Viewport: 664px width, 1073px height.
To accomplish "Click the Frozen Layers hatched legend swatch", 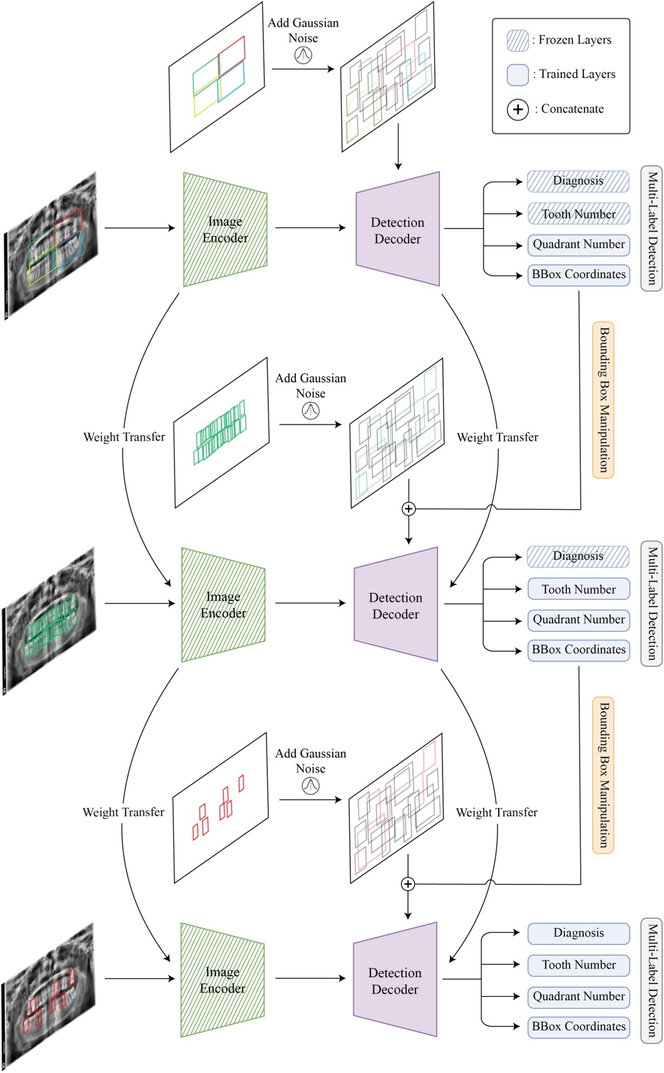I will click(x=518, y=40).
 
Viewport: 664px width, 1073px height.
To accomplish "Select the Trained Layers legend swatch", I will click(x=518, y=74).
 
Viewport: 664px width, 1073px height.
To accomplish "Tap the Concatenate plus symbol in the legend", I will click(x=518, y=110).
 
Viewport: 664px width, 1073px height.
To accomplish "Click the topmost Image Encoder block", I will click(x=225, y=230).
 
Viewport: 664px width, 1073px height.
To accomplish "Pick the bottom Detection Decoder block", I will click(x=395, y=980).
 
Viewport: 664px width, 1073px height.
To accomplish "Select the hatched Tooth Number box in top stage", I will click(x=578, y=214).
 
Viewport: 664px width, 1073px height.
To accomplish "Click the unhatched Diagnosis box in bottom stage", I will click(x=578, y=933).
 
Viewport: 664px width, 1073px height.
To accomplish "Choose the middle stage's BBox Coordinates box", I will click(x=578, y=650).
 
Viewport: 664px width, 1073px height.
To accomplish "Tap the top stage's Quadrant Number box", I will click(x=578, y=244).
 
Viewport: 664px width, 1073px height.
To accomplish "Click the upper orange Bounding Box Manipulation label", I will click(x=603, y=400).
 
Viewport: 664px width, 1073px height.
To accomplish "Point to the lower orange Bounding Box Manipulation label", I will click(x=603, y=775).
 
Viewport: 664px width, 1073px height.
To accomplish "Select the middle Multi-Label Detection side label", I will click(x=651, y=603).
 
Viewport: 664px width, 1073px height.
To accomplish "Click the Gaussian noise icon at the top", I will click(x=303, y=55).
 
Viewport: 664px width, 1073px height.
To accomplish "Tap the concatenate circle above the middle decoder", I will click(x=408, y=509).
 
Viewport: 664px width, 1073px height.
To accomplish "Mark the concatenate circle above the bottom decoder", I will click(x=407, y=884).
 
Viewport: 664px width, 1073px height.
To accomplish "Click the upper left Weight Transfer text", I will click(x=124, y=437).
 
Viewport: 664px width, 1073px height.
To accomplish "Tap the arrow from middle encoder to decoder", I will click(x=310, y=603).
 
